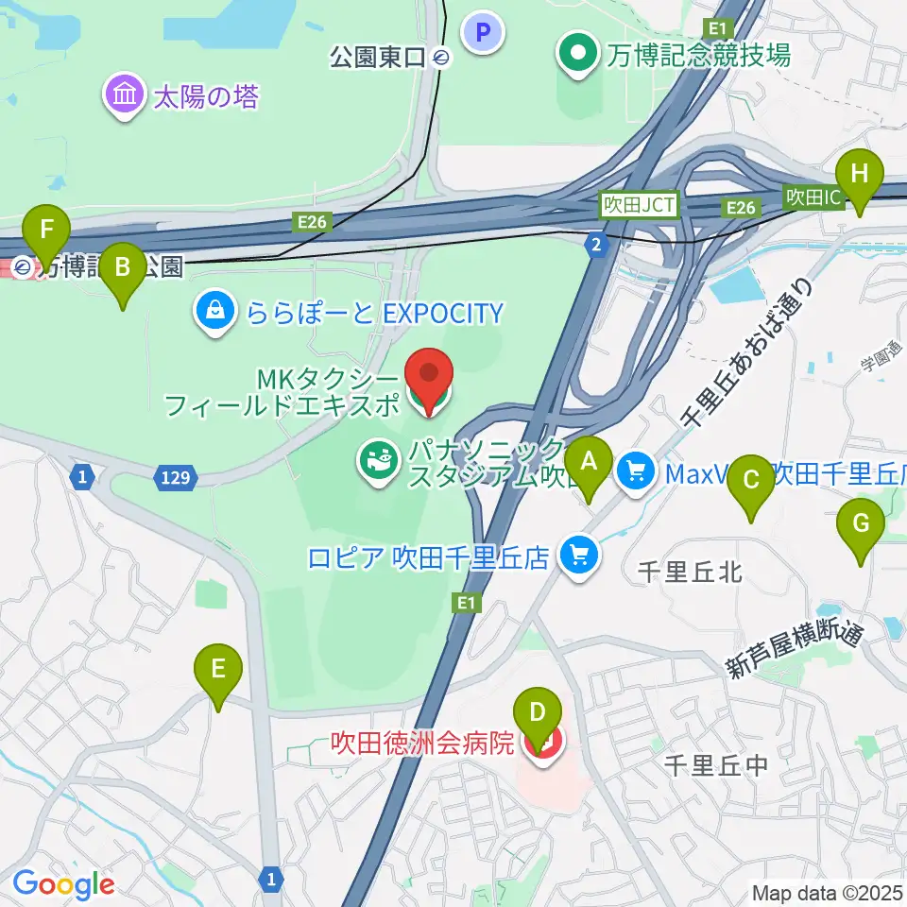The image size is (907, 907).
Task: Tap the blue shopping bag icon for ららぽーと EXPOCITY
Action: (216, 310)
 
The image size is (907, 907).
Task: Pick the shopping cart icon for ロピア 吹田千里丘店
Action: (578, 555)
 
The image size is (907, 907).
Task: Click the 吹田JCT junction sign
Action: (641, 202)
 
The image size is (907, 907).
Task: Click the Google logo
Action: (63, 884)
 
